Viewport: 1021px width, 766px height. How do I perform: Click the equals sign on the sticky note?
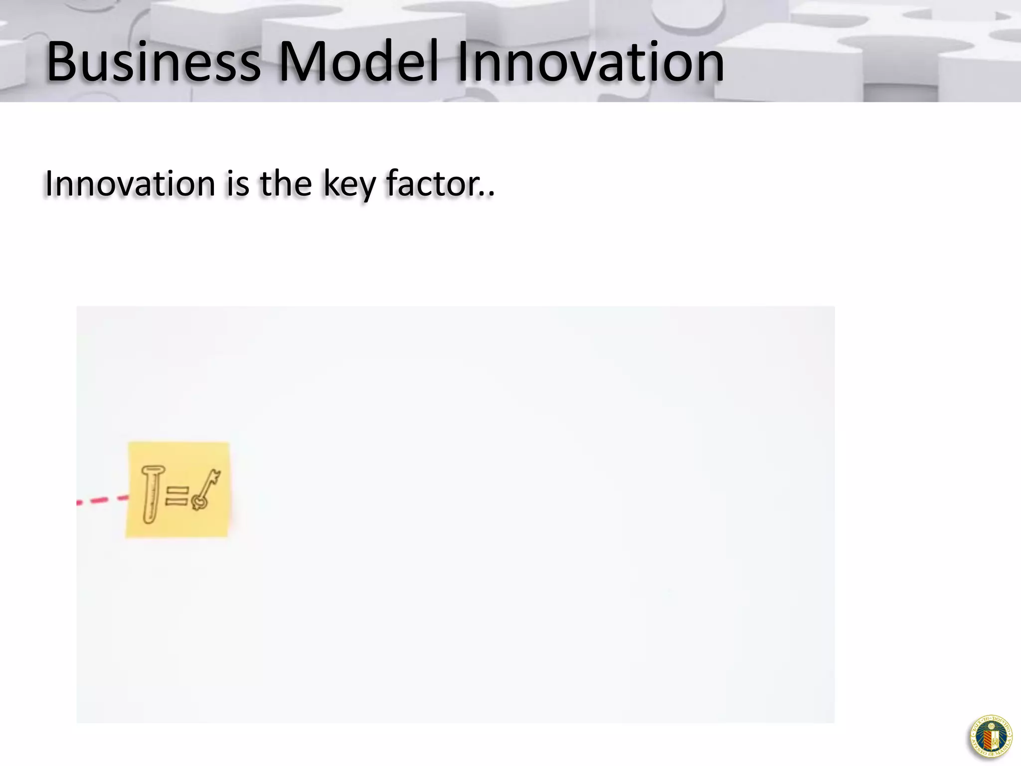click(x=176, y=496)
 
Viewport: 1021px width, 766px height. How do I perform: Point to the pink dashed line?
click(x=102, y=500)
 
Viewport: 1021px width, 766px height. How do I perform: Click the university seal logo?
click(x=990, y=736)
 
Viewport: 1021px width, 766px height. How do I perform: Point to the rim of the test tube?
click(x=153, y=469)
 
